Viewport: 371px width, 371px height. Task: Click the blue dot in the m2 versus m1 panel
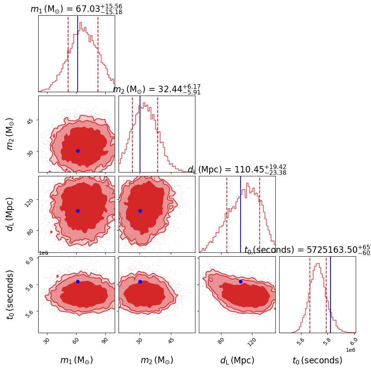tap(78, 151)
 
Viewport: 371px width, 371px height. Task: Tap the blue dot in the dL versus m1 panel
tap(78, 211)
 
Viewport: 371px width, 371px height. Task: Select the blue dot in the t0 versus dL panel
tap(241, 282)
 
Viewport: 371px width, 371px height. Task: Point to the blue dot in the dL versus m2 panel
tap(140, 211)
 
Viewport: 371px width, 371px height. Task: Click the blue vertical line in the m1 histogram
tap(78, 54)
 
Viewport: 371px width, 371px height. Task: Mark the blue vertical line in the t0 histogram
tap(330, 295)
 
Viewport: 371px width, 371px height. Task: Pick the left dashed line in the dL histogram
tap(227, 214)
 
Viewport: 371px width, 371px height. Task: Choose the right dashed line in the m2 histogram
tap(158, 134)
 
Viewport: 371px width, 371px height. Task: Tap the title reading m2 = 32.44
tap(156, 89)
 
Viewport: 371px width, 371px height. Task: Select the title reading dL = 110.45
tap(237, 170)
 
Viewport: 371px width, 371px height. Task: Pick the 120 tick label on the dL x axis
tap(251, 341)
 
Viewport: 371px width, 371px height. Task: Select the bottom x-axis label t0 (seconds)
tap(317, 360)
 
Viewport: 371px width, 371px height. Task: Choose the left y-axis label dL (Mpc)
tap(10, 214)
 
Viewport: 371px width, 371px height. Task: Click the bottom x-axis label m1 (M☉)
tap(76, 360)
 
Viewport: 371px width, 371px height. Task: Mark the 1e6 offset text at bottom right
tap(350, 350)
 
